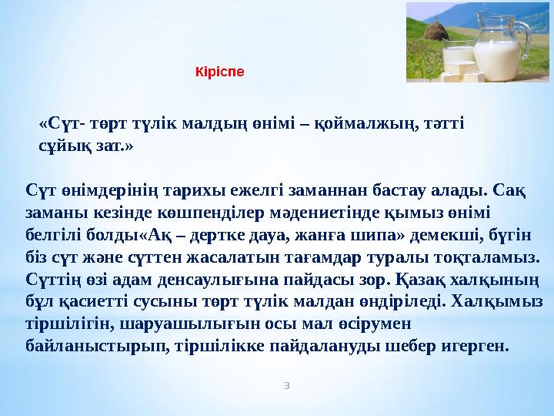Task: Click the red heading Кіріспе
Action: click(x=219, y=72)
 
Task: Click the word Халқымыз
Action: click(x=499, y=299)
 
